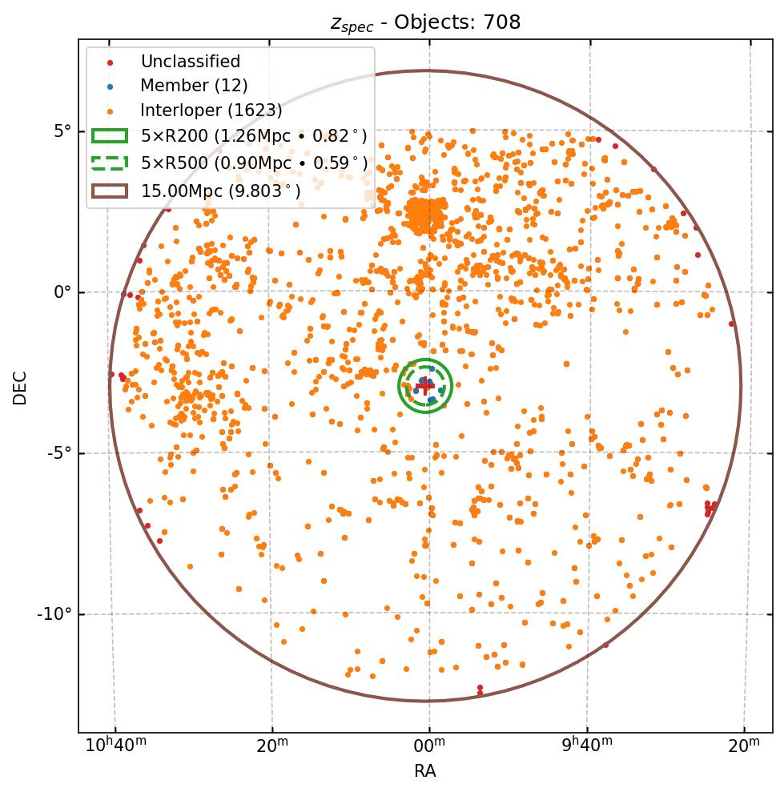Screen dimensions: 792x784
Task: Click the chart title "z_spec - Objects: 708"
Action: point(425,22)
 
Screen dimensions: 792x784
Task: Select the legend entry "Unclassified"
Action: point(190,62)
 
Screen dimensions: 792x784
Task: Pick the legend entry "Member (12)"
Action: point(194,86)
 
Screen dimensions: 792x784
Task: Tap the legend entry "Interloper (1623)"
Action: point(211,111)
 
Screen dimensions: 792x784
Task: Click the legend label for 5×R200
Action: point(254,136)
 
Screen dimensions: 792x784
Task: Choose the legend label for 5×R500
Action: point(254,163)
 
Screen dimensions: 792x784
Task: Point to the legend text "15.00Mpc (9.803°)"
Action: point(220,191)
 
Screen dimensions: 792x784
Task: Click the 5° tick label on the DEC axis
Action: point(62,131)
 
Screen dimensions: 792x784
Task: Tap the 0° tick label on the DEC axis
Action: point(62,292)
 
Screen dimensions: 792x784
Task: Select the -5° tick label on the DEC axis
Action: point(59,453)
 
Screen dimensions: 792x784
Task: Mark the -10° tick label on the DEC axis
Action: point(56,614)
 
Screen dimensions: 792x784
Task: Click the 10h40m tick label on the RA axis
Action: point(115,746)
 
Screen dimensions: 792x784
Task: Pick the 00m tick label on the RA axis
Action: point(429,746)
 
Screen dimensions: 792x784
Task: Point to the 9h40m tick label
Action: point(587,746)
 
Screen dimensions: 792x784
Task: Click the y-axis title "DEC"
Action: point(20,387)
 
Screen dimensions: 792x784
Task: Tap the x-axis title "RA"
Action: point(425,771)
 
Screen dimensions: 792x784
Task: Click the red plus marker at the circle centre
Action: point(425,386)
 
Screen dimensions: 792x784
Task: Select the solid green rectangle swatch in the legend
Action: point(110,136)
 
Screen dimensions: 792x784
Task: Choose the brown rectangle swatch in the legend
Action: point(110,191)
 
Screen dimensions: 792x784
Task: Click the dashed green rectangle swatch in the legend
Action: point(110,163)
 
